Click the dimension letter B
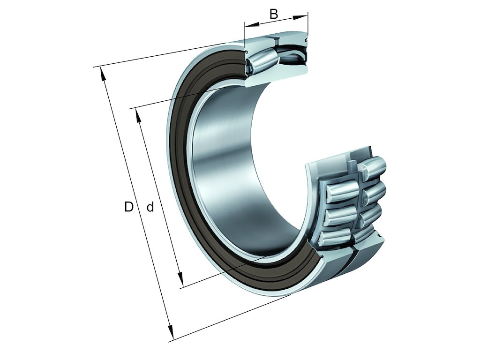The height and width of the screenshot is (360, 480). coord(274,14)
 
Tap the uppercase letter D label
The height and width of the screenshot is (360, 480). coord(128,207)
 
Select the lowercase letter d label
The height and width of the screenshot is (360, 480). coord(150,207)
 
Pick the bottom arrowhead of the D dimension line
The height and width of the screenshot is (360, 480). coord(172,335)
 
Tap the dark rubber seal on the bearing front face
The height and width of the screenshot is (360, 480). coord(180,141)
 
